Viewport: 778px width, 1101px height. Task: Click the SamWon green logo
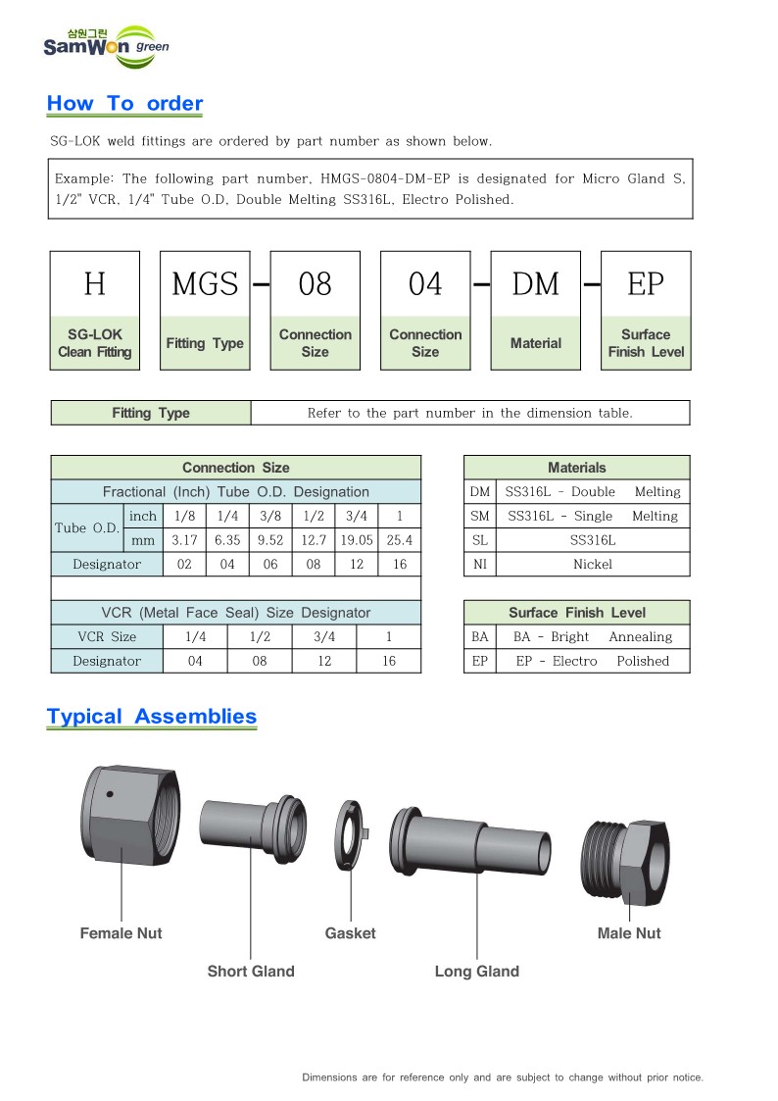[106, 45]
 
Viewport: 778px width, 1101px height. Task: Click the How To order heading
[124, 104]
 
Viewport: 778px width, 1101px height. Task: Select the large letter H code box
[95, 284]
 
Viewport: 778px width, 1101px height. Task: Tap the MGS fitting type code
[205, 284]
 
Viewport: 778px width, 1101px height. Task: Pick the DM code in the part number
[535, 284]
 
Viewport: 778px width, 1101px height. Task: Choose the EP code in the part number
[646, 284]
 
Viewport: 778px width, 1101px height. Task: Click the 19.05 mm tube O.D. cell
[355, 540]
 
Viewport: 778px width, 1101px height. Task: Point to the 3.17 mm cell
[183, 540]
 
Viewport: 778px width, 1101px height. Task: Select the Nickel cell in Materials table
[593, 565]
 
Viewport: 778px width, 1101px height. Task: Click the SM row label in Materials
[479, 517]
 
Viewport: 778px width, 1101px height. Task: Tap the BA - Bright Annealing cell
[593, 637]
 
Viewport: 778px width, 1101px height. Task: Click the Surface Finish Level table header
[576, 613]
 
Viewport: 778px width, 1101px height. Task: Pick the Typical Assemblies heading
[152, 717]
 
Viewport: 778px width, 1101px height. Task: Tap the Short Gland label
[251, 972]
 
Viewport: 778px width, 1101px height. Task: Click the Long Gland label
[477, 972]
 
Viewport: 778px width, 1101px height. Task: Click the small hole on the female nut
[111, 793]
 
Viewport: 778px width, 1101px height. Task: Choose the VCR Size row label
[107, 637]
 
